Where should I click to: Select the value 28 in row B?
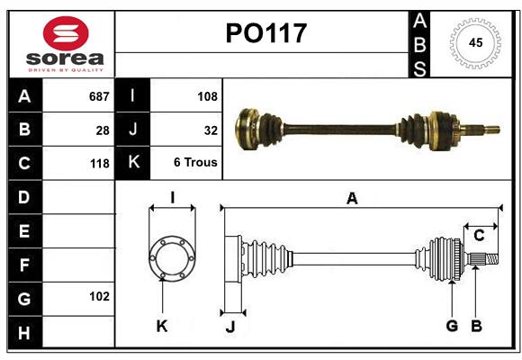click(103, 130)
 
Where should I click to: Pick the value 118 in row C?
click(99, 164)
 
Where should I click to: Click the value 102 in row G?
click(99, 296)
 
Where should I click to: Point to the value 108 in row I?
click(207, 95)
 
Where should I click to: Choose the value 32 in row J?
click(211, 130)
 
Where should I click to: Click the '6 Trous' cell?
click(195, 164)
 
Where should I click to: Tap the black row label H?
click(24, 333)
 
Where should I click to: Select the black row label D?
click(24, 197)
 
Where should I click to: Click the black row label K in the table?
click(133, 163)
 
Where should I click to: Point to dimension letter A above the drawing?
click(352, 199)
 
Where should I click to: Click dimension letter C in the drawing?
click(480, 236)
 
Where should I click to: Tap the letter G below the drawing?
click(452, 326)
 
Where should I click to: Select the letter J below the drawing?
click(229, 327)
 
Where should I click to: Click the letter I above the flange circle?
click(171, 198)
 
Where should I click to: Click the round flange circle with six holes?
click(171, 258)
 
